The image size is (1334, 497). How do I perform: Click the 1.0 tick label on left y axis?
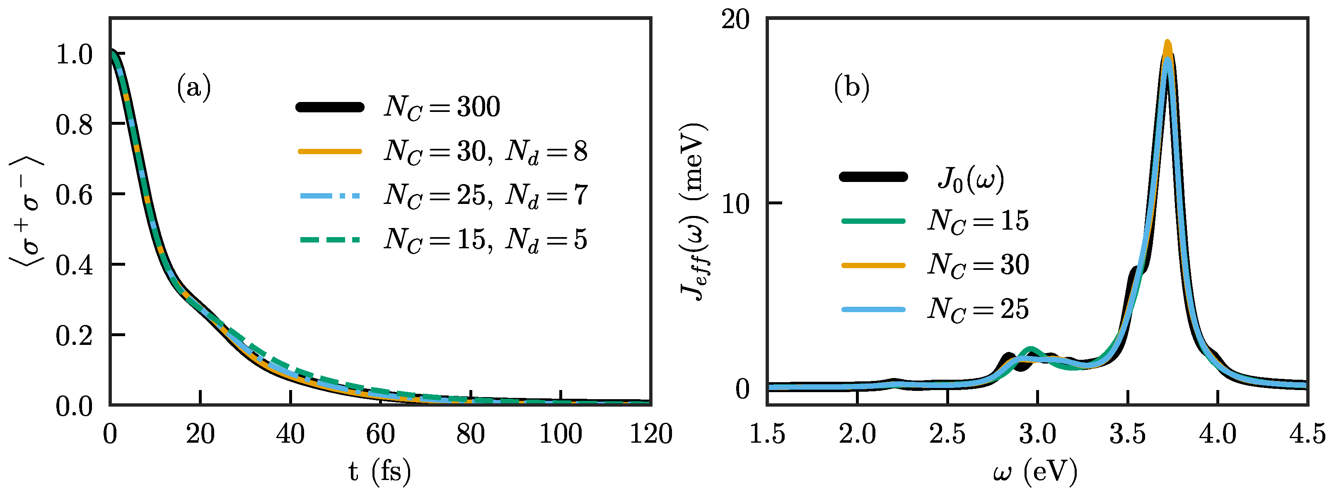point(74,54)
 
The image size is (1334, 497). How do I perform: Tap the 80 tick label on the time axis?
point(470,434)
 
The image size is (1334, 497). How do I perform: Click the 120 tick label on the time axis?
point(650,434)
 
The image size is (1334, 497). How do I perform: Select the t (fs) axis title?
point(379,472)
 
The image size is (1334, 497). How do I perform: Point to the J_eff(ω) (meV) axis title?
point(694,213)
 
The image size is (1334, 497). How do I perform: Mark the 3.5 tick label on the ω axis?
point(1127,434)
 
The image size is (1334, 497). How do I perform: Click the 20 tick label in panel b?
point(735,21)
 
